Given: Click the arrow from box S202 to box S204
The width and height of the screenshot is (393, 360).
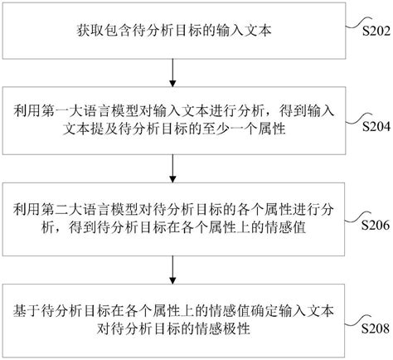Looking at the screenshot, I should pos(172,73).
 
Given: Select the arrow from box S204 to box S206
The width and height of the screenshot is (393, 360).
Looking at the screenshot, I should pos(172,170).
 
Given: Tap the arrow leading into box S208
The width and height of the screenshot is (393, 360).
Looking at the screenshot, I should pos(172,267).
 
